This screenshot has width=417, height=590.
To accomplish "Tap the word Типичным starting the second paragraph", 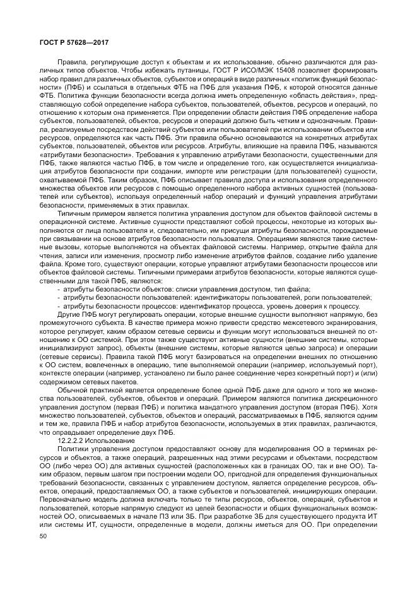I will [x=75, y=215].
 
